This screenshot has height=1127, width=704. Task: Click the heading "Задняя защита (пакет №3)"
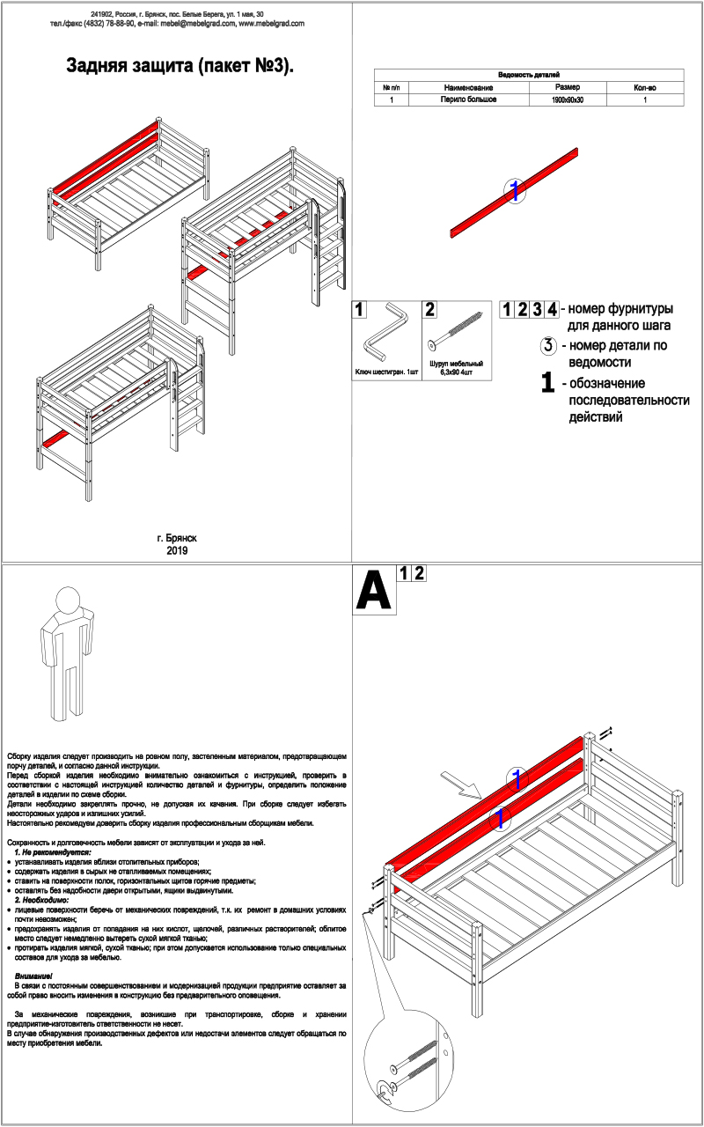click(x=178, y=66)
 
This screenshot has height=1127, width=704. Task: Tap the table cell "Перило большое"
click(x=468, y=100)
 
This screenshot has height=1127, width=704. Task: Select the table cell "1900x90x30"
click(x=567, y=100)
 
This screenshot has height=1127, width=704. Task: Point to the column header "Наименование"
click(x=468, y=88)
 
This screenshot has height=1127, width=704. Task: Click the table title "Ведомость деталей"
click(x=529, y=76)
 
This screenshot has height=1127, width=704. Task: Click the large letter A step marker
click(x=373, y=592)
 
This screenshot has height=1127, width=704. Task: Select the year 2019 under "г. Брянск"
click(x=177, y=550)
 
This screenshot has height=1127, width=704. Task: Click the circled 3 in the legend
click(x=548, y=345)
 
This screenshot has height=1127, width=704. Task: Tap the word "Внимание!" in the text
click(x=34, y=977)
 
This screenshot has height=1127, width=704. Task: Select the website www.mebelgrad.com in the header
click(x=272, y=24)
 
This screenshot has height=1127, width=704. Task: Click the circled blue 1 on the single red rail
click(x=514, y=189)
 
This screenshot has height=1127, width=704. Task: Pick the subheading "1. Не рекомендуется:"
click(x=53, y=853)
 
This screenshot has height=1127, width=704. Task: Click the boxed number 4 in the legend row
click(x=551, y=309)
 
